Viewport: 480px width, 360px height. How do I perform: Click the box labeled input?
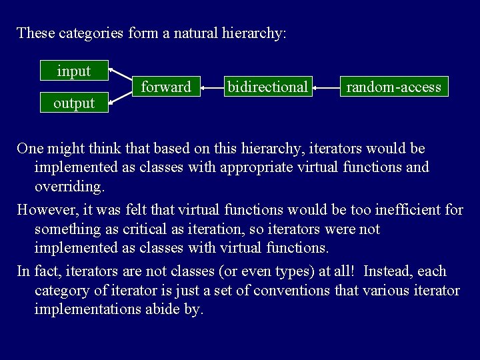point(74,71)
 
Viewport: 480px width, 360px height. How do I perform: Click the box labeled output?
point(74,103)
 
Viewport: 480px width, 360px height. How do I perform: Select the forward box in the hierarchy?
point(166,87)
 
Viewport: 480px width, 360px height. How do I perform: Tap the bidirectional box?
point(267,87)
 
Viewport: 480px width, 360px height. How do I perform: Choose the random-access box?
point(393,87)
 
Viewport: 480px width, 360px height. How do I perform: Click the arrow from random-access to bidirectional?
point(326,87)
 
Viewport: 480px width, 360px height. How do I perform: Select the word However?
point(45,209)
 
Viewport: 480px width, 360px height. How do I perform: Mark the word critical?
point(149,229)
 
